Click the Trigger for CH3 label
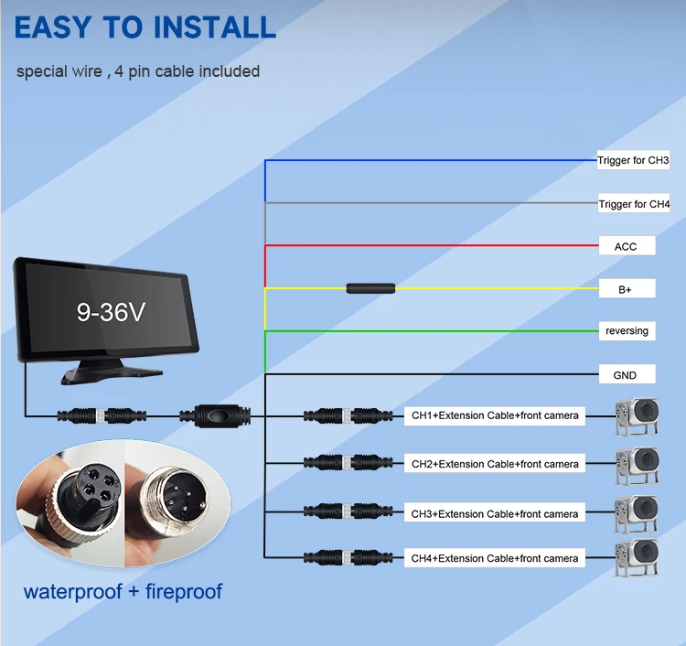coord(633,161)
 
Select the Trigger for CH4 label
coord(633,204)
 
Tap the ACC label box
coord(626,245)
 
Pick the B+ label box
coord(626,288)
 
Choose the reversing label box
coord(627,330)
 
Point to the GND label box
coord(625,374)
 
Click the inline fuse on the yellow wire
coord(370,288)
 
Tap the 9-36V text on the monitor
coord(111,311)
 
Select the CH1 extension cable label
coord(495,416)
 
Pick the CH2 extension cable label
coord(495,464)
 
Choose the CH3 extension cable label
coord(495,513)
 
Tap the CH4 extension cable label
coord(495,558)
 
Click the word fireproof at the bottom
coord(180,590)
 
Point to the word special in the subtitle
coord(42,71)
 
